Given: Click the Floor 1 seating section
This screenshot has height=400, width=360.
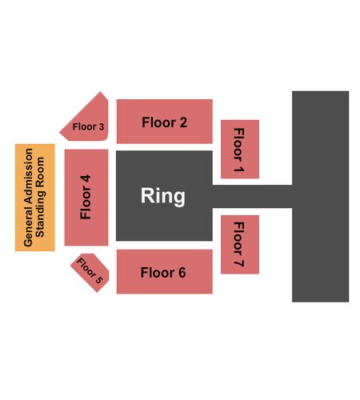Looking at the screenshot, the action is [x=240, y=149].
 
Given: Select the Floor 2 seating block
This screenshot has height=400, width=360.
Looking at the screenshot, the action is [x=165, y=122].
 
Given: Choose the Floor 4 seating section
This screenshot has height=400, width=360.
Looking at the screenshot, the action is [x=86, y=198].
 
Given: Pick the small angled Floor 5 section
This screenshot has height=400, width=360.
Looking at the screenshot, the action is [x=90, y=272].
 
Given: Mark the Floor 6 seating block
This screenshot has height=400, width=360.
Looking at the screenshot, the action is [x=165, y=272].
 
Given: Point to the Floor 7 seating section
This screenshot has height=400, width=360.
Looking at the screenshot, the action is [x=240, y=244].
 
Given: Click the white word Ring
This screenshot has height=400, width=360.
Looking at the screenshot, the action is [x=163, y=196].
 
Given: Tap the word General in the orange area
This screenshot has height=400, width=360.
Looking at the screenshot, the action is [x=28, y=226].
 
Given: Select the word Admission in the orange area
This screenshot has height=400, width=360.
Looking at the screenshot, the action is [x=28, y=176].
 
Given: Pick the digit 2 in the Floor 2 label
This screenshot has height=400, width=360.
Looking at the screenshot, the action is [x=183, y=122].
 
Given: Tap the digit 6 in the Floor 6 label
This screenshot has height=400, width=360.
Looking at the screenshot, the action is [x=182, y=273].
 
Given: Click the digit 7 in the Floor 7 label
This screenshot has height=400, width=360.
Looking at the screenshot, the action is [x=238, y=262].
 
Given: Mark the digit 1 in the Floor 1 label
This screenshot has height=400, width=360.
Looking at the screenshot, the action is [x=238, y=169].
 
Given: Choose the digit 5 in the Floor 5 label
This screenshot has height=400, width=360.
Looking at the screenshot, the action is [x=98, y=279].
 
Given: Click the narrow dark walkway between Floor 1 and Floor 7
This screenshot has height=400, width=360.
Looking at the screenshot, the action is [x=252, y=196].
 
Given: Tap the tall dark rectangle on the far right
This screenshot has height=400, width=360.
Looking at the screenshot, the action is [x=321, y=197].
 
